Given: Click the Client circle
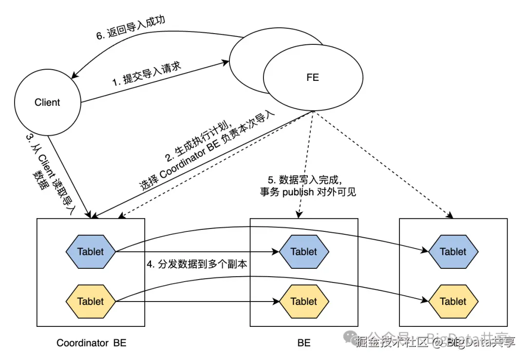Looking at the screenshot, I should pyautogui.click(x=47, y=102).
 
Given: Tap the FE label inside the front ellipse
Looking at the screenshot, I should pyautogui.click(x=313, y=77).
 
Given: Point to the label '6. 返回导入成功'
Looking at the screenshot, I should pyautogui.click(x=130, y=29).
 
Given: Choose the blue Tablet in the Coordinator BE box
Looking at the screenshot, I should pyautogui.click(x=91, y=252).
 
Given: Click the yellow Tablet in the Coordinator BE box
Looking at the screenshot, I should pyautogui.click(x=91, y=301).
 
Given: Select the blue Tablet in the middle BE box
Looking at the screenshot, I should pyautogui.click(x=304, y=252).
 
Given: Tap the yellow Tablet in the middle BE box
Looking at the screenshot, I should pyautogui.click(x=304, y=301).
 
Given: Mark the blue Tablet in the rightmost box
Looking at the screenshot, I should pyautogui.click(x=453, y=252).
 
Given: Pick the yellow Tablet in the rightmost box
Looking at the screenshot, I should pyautogui.click(x=453, y=301).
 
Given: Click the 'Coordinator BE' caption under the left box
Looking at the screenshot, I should pyautogui.click(x=91, y=343).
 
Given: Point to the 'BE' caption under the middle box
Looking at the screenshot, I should pyautogui.click(x=304, y=343).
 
